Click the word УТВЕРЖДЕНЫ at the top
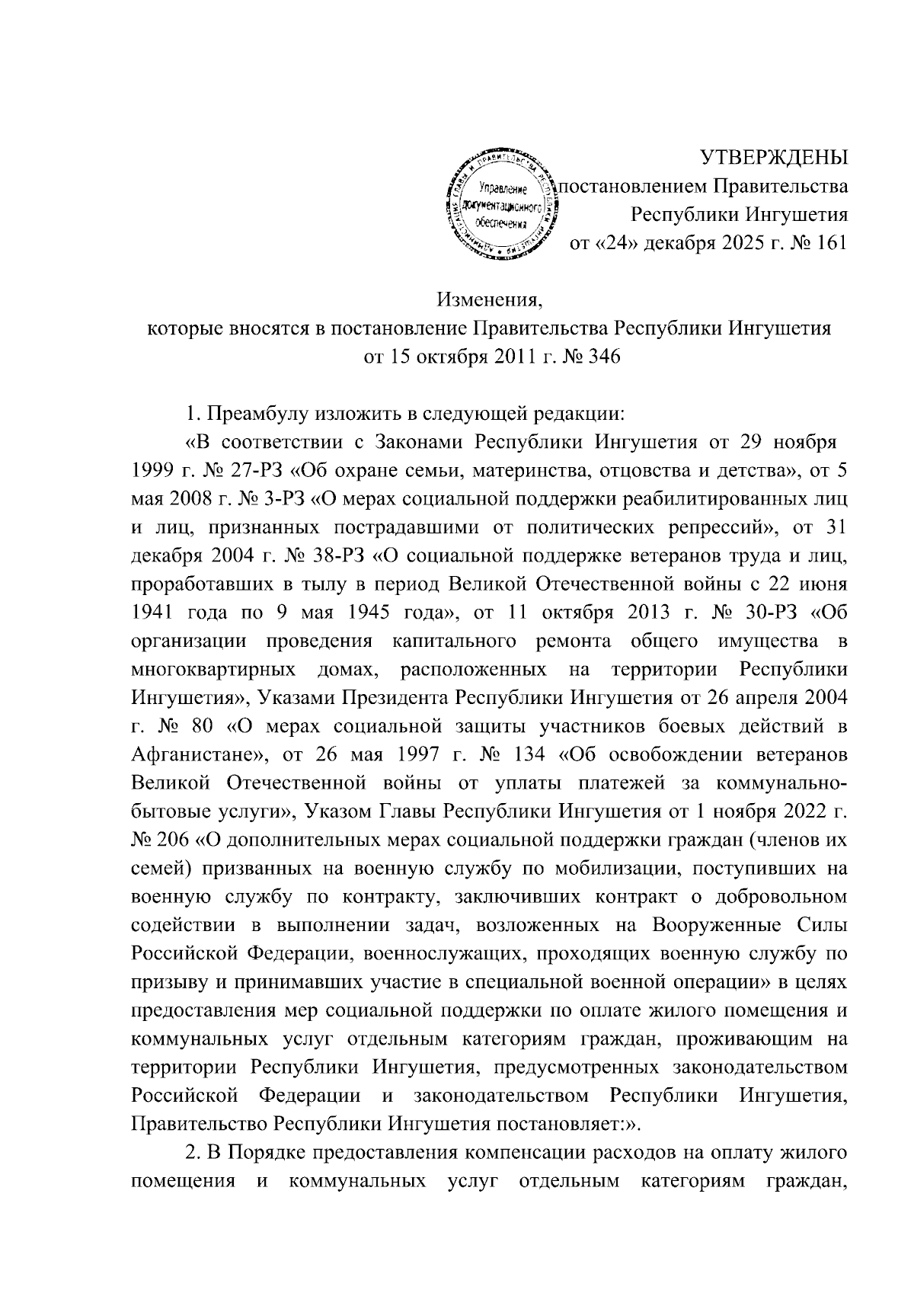774,158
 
